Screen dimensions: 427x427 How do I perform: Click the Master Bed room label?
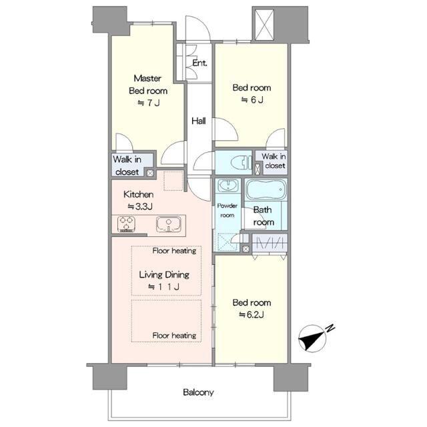point(148,85)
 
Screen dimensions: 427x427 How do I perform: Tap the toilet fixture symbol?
point(241,163)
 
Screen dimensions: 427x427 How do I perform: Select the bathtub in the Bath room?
point(266,189)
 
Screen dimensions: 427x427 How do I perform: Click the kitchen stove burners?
point(126,224)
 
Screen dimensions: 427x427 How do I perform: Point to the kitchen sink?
point(169,224)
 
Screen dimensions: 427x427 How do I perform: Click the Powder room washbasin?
point(228,185)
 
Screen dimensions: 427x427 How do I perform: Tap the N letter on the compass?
point(330,328)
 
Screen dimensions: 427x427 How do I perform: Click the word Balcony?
point(198,392)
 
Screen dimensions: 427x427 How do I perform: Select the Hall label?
point(199,121)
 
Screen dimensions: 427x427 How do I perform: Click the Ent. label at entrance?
point(199,63)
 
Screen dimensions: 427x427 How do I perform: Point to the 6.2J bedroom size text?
point(252,315)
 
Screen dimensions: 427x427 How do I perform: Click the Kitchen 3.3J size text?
point(140,207)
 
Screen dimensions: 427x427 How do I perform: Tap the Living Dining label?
point(164,274)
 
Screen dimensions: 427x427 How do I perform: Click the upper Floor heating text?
point(174,251)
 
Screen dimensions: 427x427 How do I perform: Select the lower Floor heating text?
point(174,336)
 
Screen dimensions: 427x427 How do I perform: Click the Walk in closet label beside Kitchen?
point(127,165)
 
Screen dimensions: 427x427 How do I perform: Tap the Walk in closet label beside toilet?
point(274,161)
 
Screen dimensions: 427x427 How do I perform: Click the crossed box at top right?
point(264,25)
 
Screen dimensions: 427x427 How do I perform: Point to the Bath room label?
point(263,216)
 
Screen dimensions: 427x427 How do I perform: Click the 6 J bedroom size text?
point(252,100)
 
